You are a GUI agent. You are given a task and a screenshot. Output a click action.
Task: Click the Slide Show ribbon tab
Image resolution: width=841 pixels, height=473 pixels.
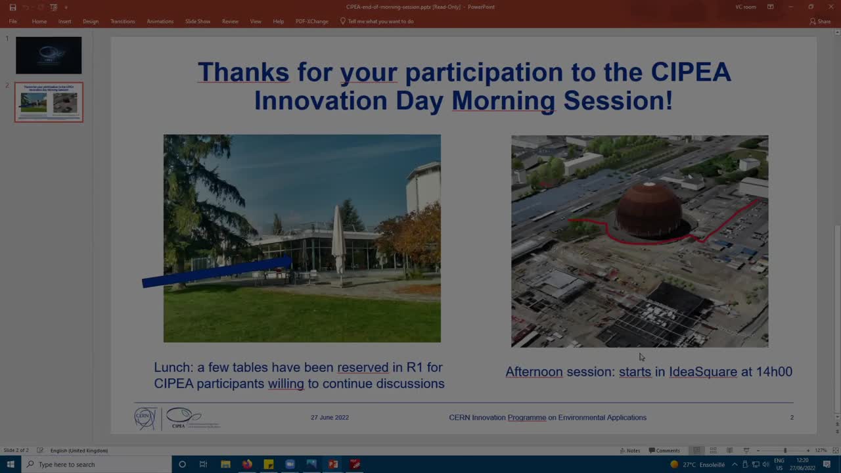[197, 21]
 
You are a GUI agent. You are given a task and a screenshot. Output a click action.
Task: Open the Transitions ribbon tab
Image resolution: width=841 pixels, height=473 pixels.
[122, 21]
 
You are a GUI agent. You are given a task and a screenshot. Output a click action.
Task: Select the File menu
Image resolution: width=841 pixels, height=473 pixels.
[12, 21]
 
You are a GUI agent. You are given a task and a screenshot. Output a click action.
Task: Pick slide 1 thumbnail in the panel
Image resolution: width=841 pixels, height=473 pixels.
[49, 55]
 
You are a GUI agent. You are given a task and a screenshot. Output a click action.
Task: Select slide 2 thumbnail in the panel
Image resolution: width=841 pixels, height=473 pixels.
[49, 102]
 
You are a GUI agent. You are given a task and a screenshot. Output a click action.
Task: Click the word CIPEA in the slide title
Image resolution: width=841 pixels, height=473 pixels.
[691, 72]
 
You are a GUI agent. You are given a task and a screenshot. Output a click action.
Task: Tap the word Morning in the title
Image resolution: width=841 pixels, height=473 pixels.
[503, 101]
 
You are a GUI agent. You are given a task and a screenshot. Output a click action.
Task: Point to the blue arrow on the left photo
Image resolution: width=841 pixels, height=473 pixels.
[217, 272]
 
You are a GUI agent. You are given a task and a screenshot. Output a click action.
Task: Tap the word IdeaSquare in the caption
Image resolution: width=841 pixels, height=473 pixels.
[702, 372]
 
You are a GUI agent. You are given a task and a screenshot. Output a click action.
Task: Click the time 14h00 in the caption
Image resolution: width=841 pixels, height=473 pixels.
[774, 372]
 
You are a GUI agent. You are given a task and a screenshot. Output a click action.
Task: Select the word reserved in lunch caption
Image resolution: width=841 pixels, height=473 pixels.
[363, 367]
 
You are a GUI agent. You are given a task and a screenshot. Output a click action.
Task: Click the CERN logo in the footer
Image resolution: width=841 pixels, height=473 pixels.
[145, 418]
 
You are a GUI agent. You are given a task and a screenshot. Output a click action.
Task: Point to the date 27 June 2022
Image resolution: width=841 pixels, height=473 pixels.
[330, 417]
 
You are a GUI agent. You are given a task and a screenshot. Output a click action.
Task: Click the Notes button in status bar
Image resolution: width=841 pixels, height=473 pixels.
[629, 451]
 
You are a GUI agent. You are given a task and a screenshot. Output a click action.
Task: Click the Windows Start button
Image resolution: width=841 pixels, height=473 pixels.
[11, 464]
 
